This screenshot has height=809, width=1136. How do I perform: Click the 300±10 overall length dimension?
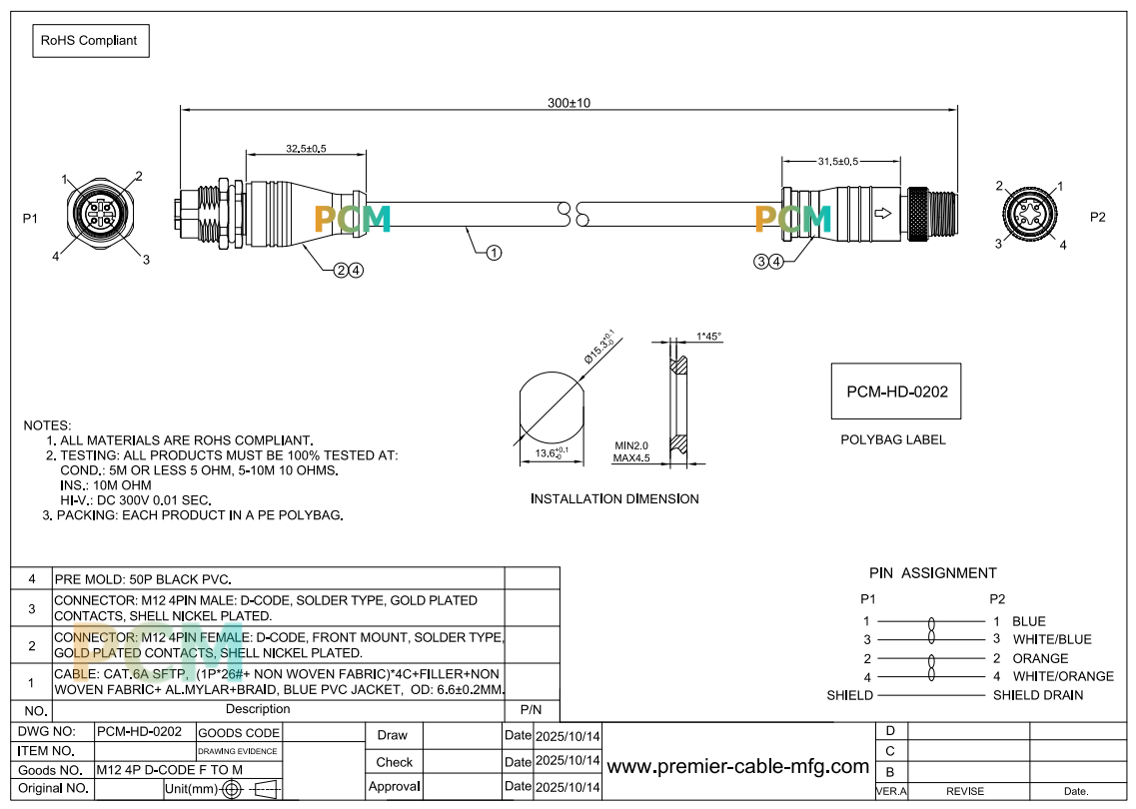point(568,103)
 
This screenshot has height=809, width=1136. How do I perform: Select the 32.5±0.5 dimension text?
point(306,149)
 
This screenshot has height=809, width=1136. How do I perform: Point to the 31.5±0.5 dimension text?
point(838,161)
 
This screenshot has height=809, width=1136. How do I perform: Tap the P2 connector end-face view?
point(1029,215)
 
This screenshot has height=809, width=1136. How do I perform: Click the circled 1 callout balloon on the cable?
point(494,253)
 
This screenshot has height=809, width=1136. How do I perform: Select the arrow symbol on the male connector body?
point(882,214)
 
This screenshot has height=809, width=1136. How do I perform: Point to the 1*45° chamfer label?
point(708,336)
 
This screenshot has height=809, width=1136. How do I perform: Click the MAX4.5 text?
point(631,457)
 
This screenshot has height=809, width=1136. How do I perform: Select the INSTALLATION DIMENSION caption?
point(614,498)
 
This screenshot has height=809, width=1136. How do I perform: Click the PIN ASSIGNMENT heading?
point(933,573)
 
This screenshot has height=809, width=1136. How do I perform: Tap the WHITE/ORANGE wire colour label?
point(1063,676)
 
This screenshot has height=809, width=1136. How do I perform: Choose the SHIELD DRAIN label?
point(1038,695)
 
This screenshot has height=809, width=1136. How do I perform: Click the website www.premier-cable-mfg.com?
point(737,766)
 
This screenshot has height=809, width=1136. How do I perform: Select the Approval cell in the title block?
point(394,787)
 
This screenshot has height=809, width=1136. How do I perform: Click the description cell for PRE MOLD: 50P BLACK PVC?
point(279,578)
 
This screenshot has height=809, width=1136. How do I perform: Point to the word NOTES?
point(47,425)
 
